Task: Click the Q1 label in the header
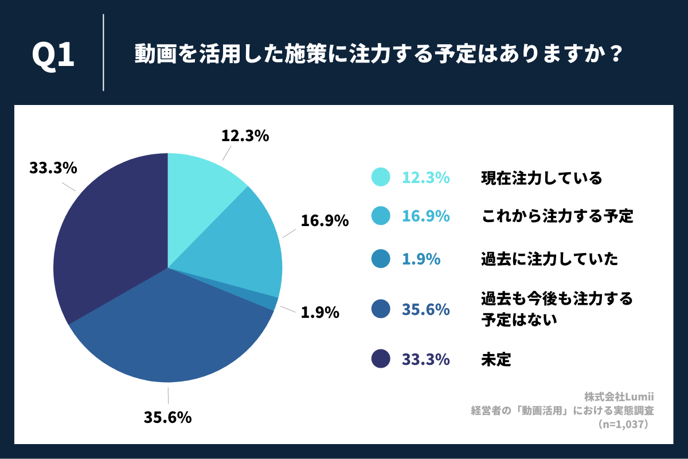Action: [x=53, y=56]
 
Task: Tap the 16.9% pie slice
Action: [x=241, y=247]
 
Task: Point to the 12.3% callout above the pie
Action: [x=245, y=136]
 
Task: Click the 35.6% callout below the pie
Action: [x=167, y=417]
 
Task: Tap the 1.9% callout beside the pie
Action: [x=319, y=313]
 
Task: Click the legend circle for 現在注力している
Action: [x=381, y=178]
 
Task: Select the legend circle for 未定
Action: [x=381, y=360]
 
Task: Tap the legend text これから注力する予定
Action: [x=557, y=216]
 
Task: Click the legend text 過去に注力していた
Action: [x=549, y=259]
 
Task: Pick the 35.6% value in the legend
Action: [x=425, y=310]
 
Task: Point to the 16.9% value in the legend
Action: [x=425, y=216]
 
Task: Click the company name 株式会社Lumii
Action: [x=619, y=396]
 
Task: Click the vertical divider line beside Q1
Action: [x=103, y=53]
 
